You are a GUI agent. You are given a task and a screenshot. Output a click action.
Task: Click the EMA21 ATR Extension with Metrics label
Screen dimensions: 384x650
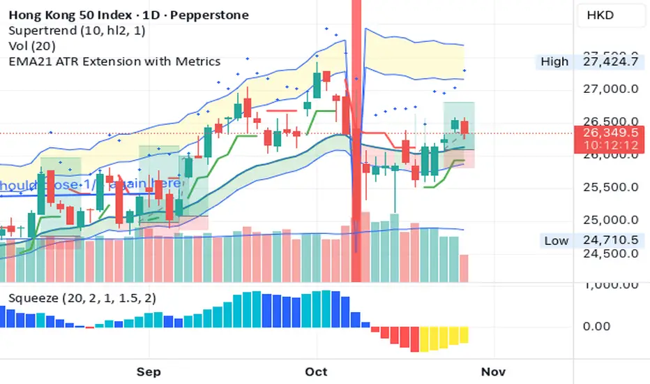(114, 61)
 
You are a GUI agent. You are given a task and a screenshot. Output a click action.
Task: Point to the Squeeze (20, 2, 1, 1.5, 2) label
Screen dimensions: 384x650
(82, 298)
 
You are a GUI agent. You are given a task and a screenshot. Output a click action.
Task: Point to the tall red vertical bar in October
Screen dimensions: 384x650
(356, 140)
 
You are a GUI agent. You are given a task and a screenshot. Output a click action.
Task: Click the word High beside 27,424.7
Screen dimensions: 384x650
(554, 61)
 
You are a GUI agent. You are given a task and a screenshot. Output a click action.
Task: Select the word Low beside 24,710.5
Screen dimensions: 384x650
(556, 241)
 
